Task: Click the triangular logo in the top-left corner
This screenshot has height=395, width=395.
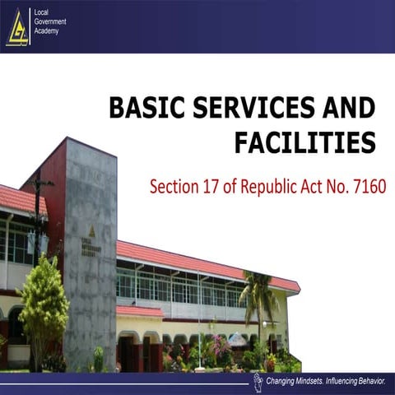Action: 17,27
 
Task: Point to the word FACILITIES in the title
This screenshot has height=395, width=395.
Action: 304,143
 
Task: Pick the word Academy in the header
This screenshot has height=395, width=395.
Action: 47,31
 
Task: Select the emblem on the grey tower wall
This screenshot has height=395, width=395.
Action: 92,232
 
